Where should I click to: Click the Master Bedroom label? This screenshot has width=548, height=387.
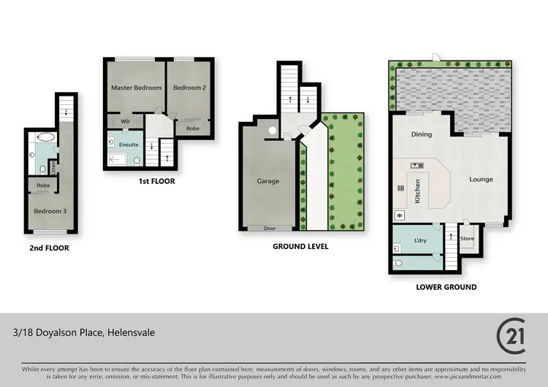click(136, 88)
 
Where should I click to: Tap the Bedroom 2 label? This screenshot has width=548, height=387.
click(188, 88)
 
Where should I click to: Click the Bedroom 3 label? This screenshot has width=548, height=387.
click(49, 212)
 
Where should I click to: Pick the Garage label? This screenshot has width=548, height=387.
click(268, 181)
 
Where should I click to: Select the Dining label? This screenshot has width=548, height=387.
click(422, 134)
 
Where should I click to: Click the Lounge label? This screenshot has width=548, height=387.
click(481, 180)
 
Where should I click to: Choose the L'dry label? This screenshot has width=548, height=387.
click(420, 240)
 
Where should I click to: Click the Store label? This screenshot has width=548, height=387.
click(468, 239)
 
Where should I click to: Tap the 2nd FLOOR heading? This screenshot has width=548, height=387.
click(49, 248)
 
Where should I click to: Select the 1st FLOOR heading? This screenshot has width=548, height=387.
click(156, 181)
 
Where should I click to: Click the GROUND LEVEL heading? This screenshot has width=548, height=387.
click(300, 247)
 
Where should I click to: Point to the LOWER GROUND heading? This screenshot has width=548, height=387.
click(446, 287)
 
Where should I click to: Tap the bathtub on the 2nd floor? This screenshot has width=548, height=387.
click(45, 137)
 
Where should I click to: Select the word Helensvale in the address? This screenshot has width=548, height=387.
click(131, 333)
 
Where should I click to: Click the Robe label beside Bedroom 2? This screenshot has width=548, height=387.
click(193, 129)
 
